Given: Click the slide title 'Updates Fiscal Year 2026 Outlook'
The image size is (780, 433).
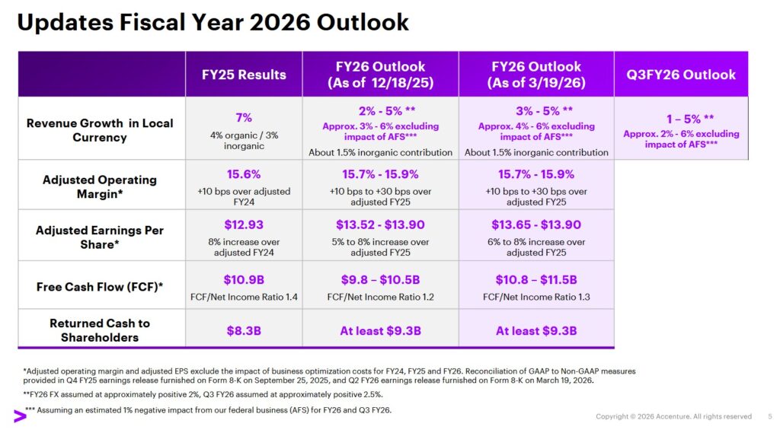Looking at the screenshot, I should [x=213, y=22].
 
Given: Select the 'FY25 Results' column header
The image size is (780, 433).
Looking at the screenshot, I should [x=244, y=75].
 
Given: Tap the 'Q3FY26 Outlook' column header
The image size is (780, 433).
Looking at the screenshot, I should [x=681, y=75].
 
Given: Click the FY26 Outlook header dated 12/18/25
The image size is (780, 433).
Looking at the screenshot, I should [x=380, y=75].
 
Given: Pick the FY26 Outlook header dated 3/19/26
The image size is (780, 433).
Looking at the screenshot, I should [x=536, y=75].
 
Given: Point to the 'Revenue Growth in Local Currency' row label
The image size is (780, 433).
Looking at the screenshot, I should [x=101, y=130].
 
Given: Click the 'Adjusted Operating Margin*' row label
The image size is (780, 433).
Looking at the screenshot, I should [x=101, y=186].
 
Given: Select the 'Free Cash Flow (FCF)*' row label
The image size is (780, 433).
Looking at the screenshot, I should [x=101, y=287].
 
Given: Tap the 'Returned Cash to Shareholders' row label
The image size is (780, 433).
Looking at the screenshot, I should [x=101, y=330].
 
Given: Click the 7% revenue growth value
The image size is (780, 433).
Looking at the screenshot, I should [x=244, y=118].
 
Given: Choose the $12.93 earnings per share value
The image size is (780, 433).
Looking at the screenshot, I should [x=244, y=224].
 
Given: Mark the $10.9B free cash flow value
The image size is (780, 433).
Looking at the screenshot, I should [x=244, y=279].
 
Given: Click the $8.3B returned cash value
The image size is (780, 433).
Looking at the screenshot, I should [x=244, y=331].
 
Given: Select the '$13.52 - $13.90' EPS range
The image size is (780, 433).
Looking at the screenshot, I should [x=380, y=224].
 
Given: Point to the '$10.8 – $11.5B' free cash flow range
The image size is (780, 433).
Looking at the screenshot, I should [x=536, y=279].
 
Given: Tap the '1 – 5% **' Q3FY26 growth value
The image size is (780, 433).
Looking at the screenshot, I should [x=681, y=119].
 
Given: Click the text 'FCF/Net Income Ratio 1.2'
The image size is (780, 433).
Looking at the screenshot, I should [x=380, y=297].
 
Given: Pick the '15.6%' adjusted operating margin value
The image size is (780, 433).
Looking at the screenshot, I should [x=244, y=174].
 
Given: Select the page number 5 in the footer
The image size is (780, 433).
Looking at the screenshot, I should [x=769, y=416].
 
